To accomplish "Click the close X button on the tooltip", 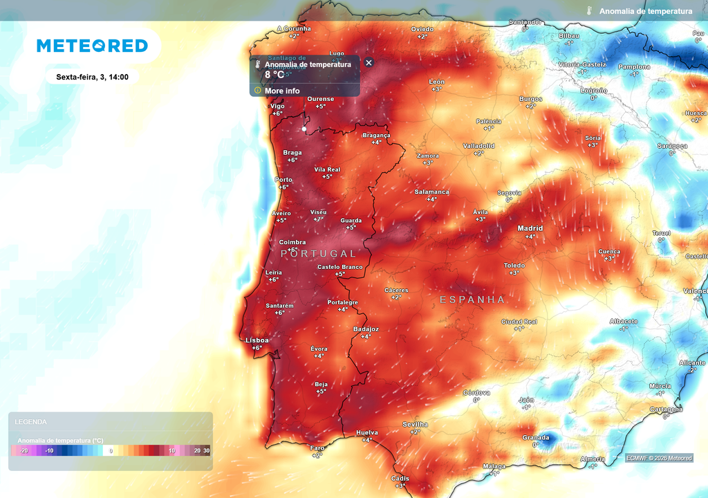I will pyautogui.click(x=369, y=63).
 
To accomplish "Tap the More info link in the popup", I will pyautogui.click(x=282, y=91).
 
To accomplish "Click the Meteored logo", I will pyautogui.click(x=92, y=46).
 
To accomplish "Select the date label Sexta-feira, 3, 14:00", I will pyautogui.click(x=92, y=77).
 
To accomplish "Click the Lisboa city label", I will pyautogui.click(x=257, y=340).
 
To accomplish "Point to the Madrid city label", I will pyautogui.click(x=530, y=228).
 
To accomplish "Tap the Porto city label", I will pyautogui.click(x=283, y=179).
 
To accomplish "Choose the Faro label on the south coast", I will pyautogui.click(x=317, y=448).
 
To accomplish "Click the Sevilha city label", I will pyautogui.click(x=415, y=424).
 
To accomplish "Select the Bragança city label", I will pyautogui.click(x=376, y=135).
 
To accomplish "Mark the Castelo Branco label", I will pyautogui.click(x=339, y=267).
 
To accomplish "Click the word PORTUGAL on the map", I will pyautogui.click(x=319, y=254).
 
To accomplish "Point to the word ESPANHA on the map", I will pyautogui.click(x=473, y=299).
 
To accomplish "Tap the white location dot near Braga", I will pyautogui.click(x=304, y=129).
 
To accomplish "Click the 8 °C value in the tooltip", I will pyautogui.click(x=274, y=74).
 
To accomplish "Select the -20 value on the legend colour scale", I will pyautogui.click(x=24, y=451).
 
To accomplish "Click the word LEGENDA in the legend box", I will pyautogui.click(x=31, y=421).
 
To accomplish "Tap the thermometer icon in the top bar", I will pyautogui.click(x=589, y=11).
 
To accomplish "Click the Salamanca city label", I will pyautogui.click(x=431, y=192).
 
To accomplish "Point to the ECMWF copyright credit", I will pyautogui.click(x=659, y=458).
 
